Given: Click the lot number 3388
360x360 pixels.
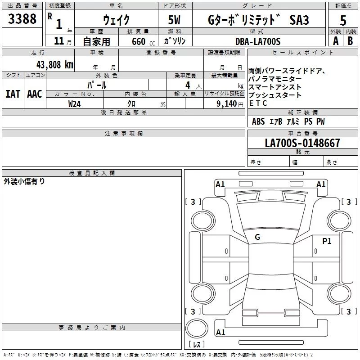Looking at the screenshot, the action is point(22,19).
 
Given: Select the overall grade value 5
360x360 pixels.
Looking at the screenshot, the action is point(343,20).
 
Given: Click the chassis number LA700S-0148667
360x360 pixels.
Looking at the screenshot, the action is point(302,143).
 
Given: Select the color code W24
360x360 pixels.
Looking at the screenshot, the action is point(75,103).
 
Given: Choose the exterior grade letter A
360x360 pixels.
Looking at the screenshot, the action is point(335,41).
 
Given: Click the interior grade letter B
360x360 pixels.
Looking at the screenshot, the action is point(351,41).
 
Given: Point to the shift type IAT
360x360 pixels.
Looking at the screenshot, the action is point(13,94).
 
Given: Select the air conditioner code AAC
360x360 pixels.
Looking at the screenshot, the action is point(34,94).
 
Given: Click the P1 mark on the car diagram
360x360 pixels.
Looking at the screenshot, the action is point(327,241).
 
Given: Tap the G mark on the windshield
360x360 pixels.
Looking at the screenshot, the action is point(257,237).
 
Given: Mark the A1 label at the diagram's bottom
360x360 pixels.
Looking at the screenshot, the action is point(220,333).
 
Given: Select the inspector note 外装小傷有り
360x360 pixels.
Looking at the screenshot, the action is point(24,181).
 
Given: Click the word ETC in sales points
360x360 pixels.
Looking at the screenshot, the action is point(258,103).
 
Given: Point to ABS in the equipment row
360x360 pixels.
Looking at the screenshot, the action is point(258,121).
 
